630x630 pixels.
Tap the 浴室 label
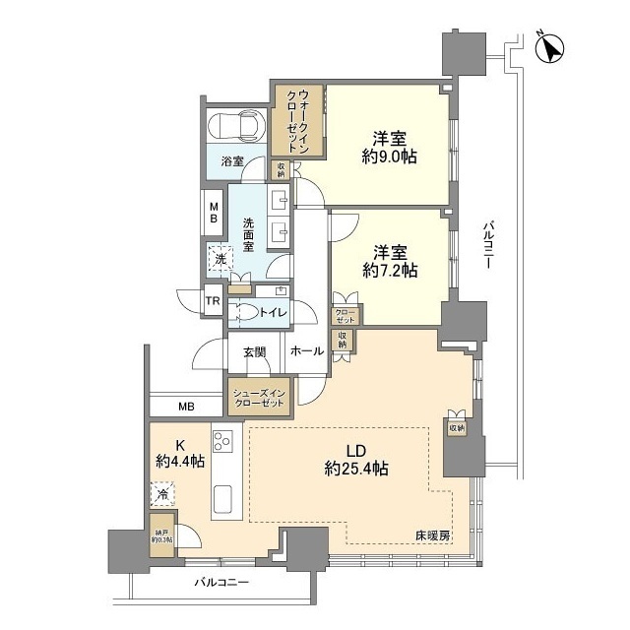click(231, 161)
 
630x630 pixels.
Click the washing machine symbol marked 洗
click(218, 260)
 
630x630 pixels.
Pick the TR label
click(212, 302)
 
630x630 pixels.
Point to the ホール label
click(307, 350)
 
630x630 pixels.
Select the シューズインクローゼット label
click(260, 398)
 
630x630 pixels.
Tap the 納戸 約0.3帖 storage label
click(160, 535)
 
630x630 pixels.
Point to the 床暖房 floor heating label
click(431, 535)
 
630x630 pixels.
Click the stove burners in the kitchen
click(222, 441)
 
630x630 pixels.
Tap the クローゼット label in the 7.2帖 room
click(346, 316)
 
